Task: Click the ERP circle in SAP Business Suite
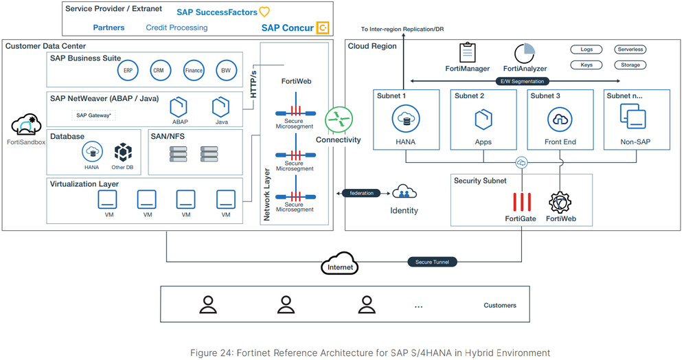128,70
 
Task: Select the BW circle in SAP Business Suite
225,70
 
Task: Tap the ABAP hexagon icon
179,107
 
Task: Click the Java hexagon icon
220,107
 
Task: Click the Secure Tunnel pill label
432,262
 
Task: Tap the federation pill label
361,193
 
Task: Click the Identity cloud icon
404,193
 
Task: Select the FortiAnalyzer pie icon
524,53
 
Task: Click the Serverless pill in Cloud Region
630,49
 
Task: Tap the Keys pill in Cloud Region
586,65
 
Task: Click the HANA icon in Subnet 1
406,120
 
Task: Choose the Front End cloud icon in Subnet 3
560,120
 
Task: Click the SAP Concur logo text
287,27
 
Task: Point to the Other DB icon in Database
123,152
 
